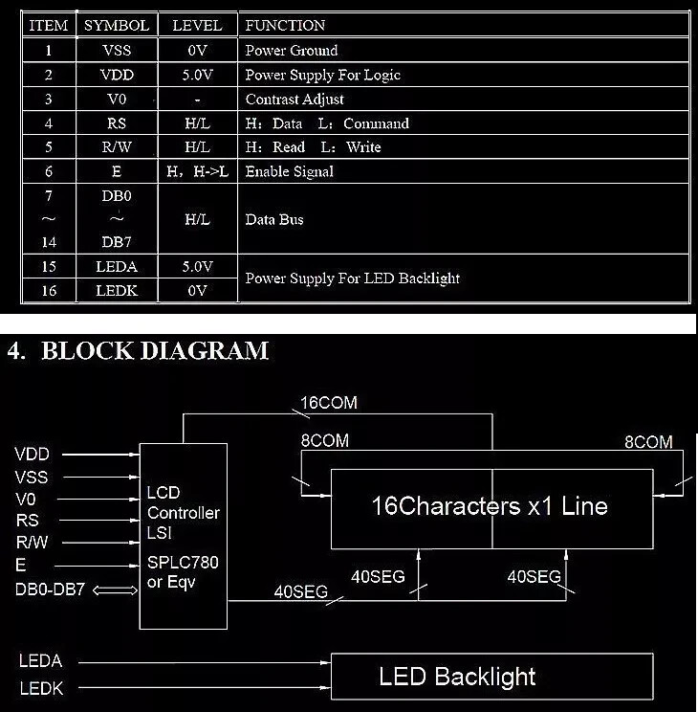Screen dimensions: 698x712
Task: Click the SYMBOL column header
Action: point(117,25)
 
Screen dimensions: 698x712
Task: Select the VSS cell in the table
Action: point(117,50)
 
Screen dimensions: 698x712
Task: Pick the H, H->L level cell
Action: point(197,171)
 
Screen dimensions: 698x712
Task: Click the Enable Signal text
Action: point(290,171)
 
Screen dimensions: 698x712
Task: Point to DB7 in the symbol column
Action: point(117,242)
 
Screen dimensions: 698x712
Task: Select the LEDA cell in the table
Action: point(117,267)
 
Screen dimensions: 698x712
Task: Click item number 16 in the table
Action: point(49,291)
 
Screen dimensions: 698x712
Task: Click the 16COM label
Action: point(329,402)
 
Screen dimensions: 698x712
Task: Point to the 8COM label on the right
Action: point(648,442)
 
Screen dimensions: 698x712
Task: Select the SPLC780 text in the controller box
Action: point(183,562)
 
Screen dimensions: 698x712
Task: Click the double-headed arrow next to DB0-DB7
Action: point(115,590)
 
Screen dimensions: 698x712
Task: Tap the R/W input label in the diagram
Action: point(32,542)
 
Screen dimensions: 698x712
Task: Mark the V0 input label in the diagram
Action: point(26,499)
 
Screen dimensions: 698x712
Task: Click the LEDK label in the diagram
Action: point(41,688)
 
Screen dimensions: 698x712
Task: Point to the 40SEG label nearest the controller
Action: point(301,591)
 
